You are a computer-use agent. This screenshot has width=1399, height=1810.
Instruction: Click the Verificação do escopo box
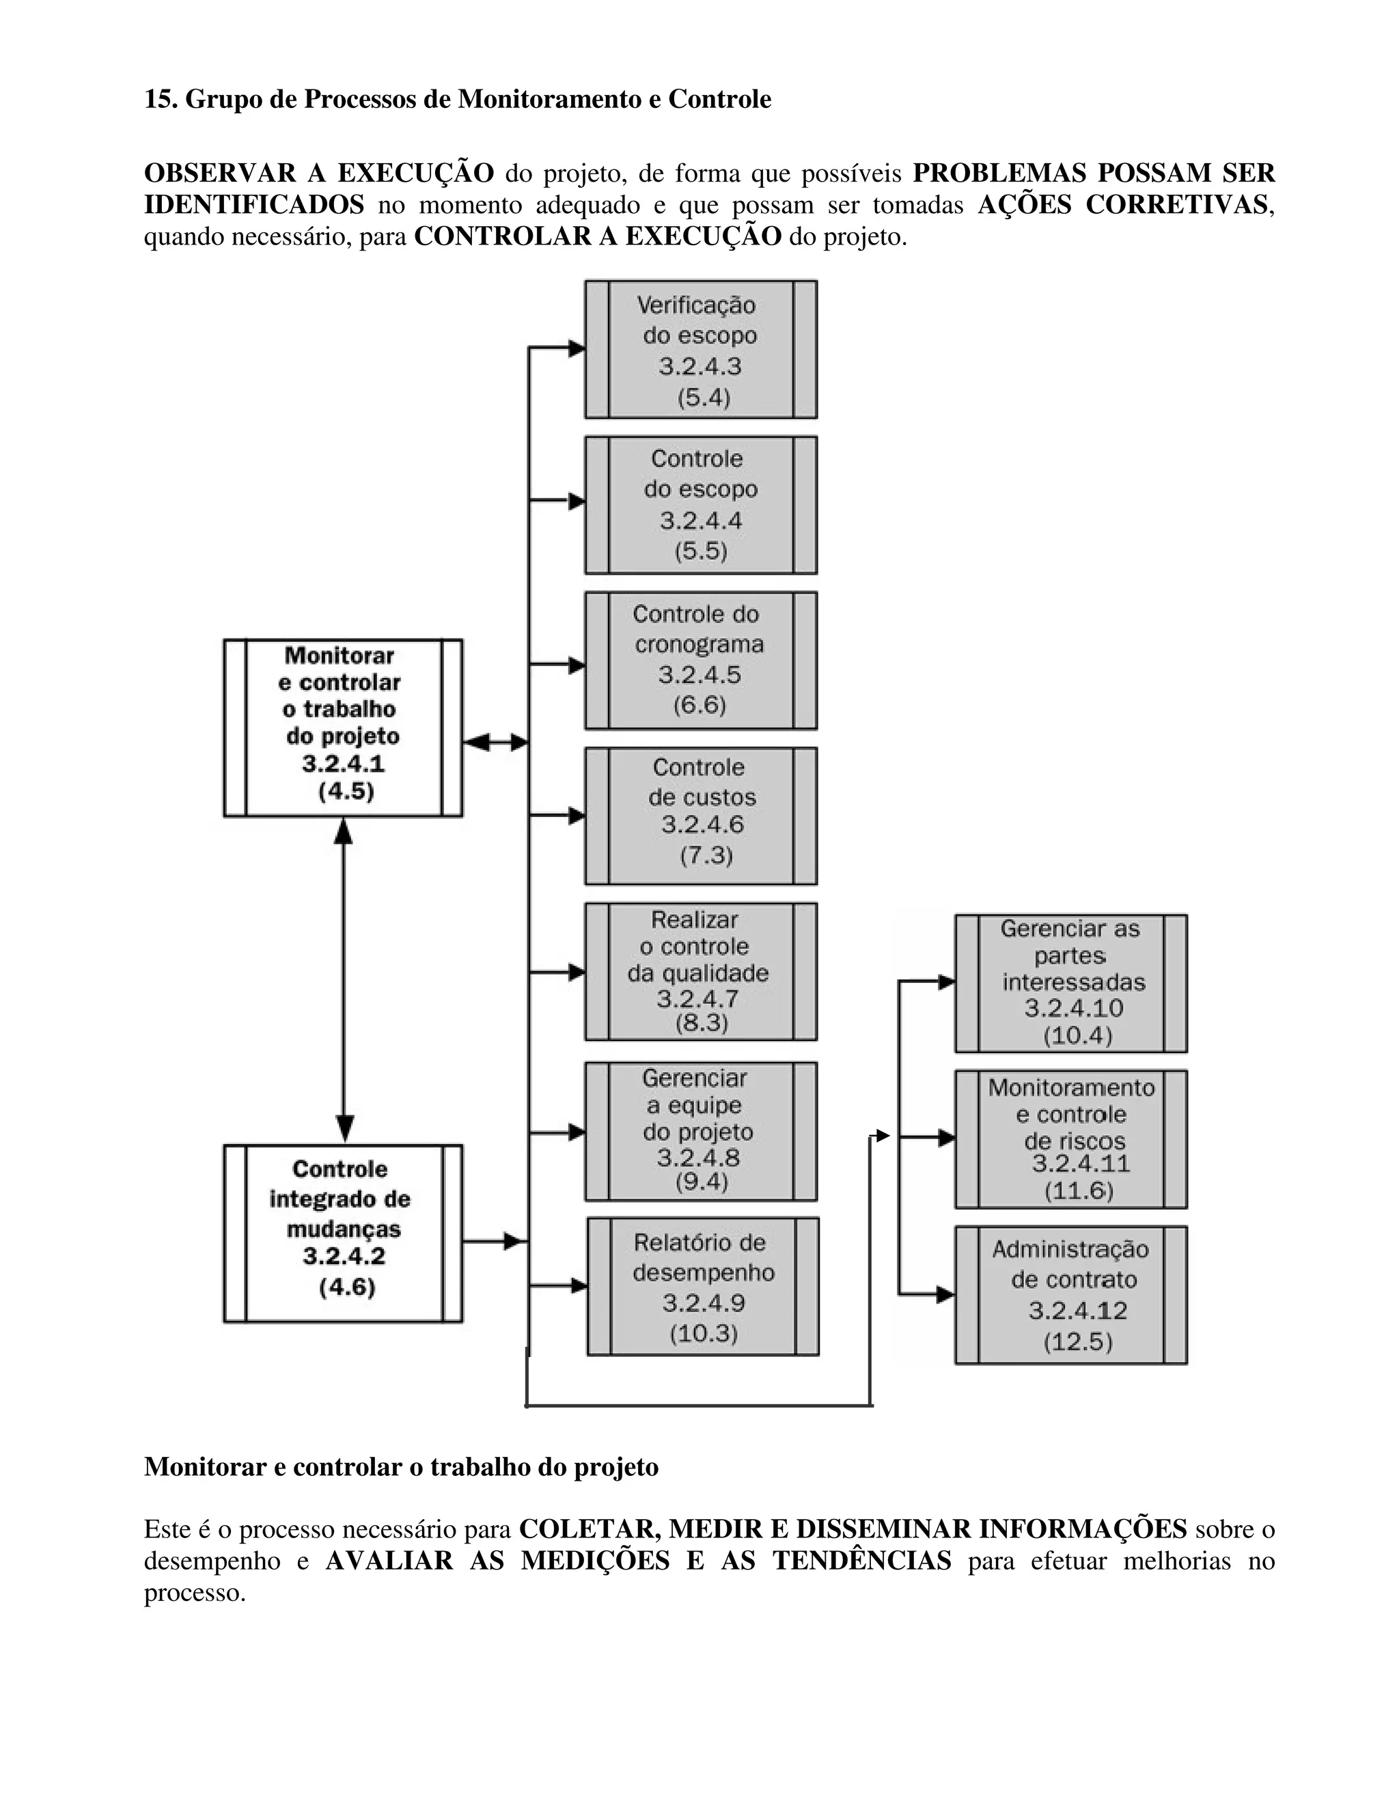tap(700, 349)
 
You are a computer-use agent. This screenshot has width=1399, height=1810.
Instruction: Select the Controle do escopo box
tap(700, 505)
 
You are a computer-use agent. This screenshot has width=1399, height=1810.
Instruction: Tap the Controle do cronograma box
tap(700, 660)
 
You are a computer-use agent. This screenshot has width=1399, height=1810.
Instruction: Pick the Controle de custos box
tap(700, 816)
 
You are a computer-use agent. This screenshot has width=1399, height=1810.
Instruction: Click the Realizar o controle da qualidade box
tap(700, 971)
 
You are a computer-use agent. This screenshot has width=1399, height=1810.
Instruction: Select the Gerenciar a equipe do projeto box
tap(700, 1131)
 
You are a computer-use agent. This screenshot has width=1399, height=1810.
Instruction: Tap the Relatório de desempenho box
tap(703, 1286)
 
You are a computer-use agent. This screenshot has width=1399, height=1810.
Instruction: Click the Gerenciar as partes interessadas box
tap(1071, 983)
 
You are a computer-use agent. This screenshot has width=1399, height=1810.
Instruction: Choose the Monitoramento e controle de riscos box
tap(1071, 1139)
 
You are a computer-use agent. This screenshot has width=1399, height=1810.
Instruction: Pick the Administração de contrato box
tap(1071, 1294)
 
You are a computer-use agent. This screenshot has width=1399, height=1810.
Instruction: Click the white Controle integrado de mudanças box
tap(343, 1233)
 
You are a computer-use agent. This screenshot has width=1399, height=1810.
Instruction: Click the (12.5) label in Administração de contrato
tap(1077, 1341)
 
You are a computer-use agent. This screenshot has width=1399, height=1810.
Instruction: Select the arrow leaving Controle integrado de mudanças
tap(493, 1242)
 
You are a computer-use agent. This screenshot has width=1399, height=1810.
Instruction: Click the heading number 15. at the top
tap(162, 100)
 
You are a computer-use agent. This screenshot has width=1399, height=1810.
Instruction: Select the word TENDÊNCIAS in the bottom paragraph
tap(862, 1561)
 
